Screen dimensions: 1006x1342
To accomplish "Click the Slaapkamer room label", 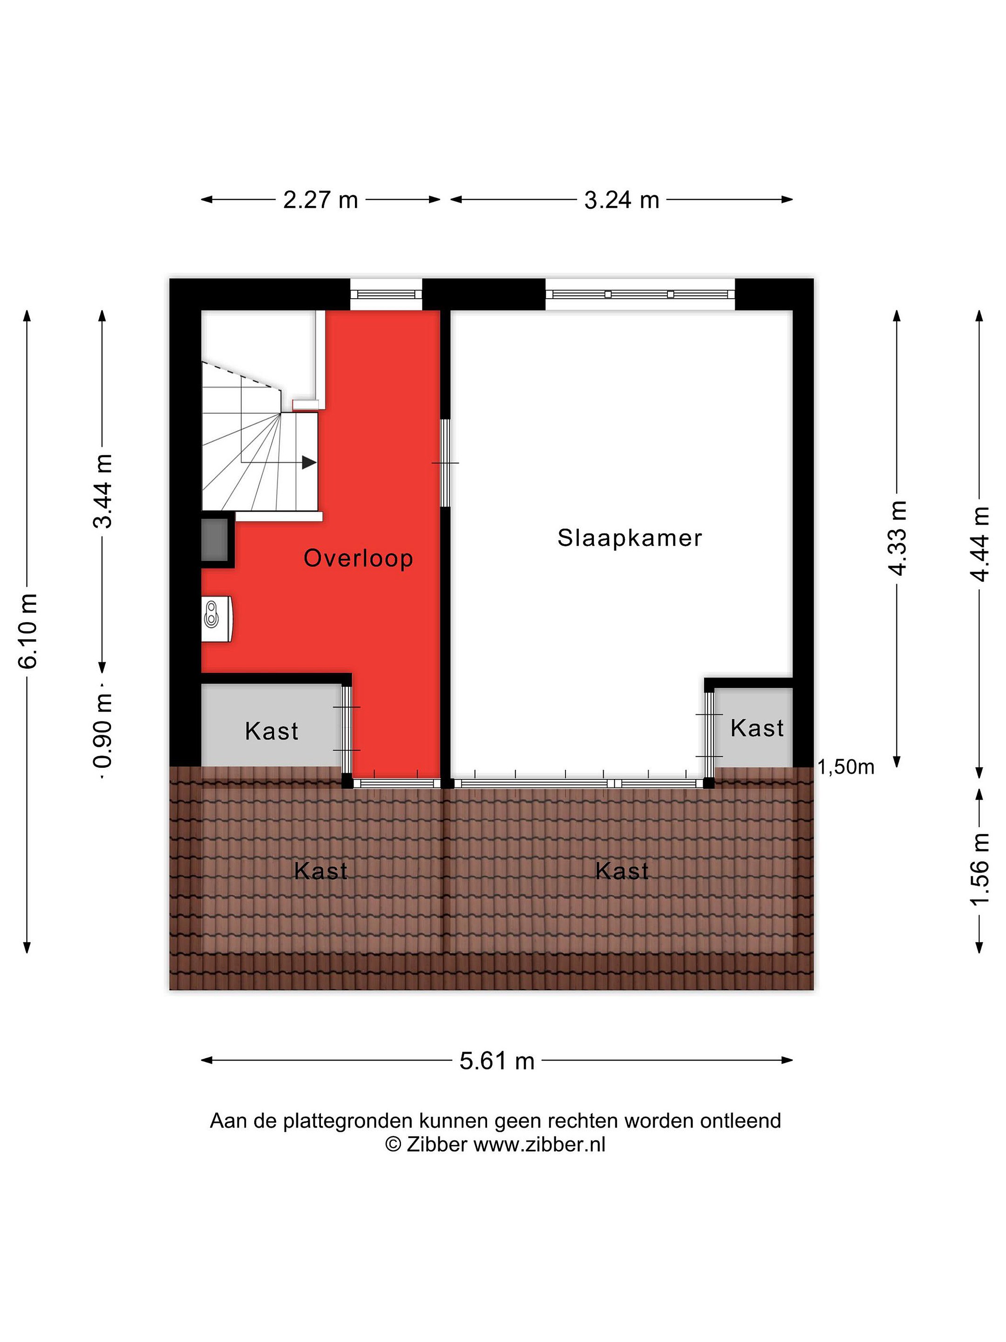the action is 629,538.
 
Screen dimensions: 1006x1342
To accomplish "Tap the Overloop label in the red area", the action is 358,558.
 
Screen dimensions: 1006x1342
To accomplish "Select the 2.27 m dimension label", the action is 320,199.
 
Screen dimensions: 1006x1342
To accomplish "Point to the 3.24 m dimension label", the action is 622,199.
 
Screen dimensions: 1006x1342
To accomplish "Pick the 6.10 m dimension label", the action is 28,631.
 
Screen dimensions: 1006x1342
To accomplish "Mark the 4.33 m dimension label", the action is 897,538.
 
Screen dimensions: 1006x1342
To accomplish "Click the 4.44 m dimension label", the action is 980,544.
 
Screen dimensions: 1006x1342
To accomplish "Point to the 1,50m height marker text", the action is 846,767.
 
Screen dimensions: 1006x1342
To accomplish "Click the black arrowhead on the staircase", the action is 309,462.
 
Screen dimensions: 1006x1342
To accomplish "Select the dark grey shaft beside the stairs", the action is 215,539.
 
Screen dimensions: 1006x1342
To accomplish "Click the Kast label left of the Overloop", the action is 272,732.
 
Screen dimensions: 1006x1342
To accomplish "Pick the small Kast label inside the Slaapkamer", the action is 757,728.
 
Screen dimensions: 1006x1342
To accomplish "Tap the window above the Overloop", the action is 386,294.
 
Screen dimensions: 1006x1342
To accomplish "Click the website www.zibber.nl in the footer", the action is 539,1145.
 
